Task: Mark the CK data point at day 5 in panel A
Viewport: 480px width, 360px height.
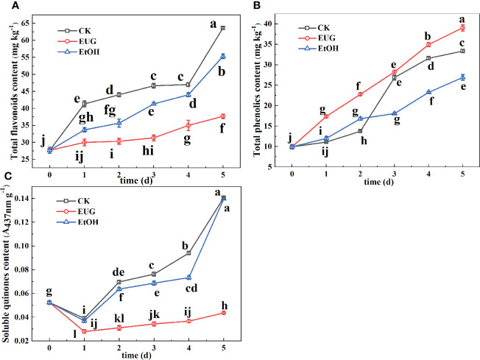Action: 222,28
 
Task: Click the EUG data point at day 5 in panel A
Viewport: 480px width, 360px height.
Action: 222,116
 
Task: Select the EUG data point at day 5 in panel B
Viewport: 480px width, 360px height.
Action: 462,28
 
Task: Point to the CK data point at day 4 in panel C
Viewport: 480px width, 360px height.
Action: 188,253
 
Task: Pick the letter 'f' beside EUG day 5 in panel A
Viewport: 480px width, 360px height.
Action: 222,130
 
